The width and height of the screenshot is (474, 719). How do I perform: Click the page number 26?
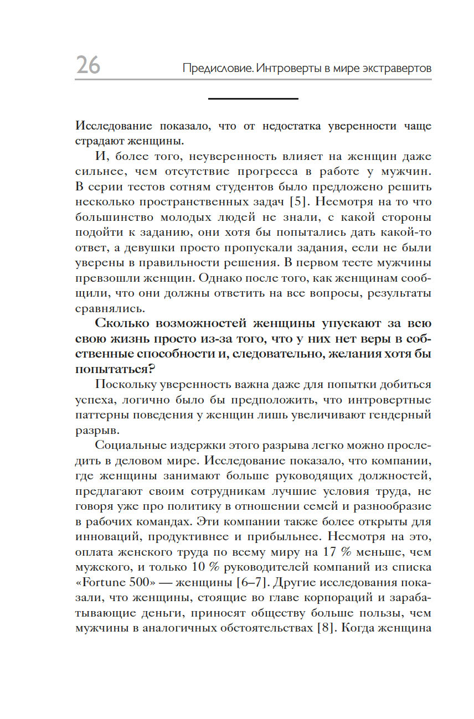point(88,65)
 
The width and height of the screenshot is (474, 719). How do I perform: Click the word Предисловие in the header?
point(218,69)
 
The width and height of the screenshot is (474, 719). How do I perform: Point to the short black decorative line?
point(253,99)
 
